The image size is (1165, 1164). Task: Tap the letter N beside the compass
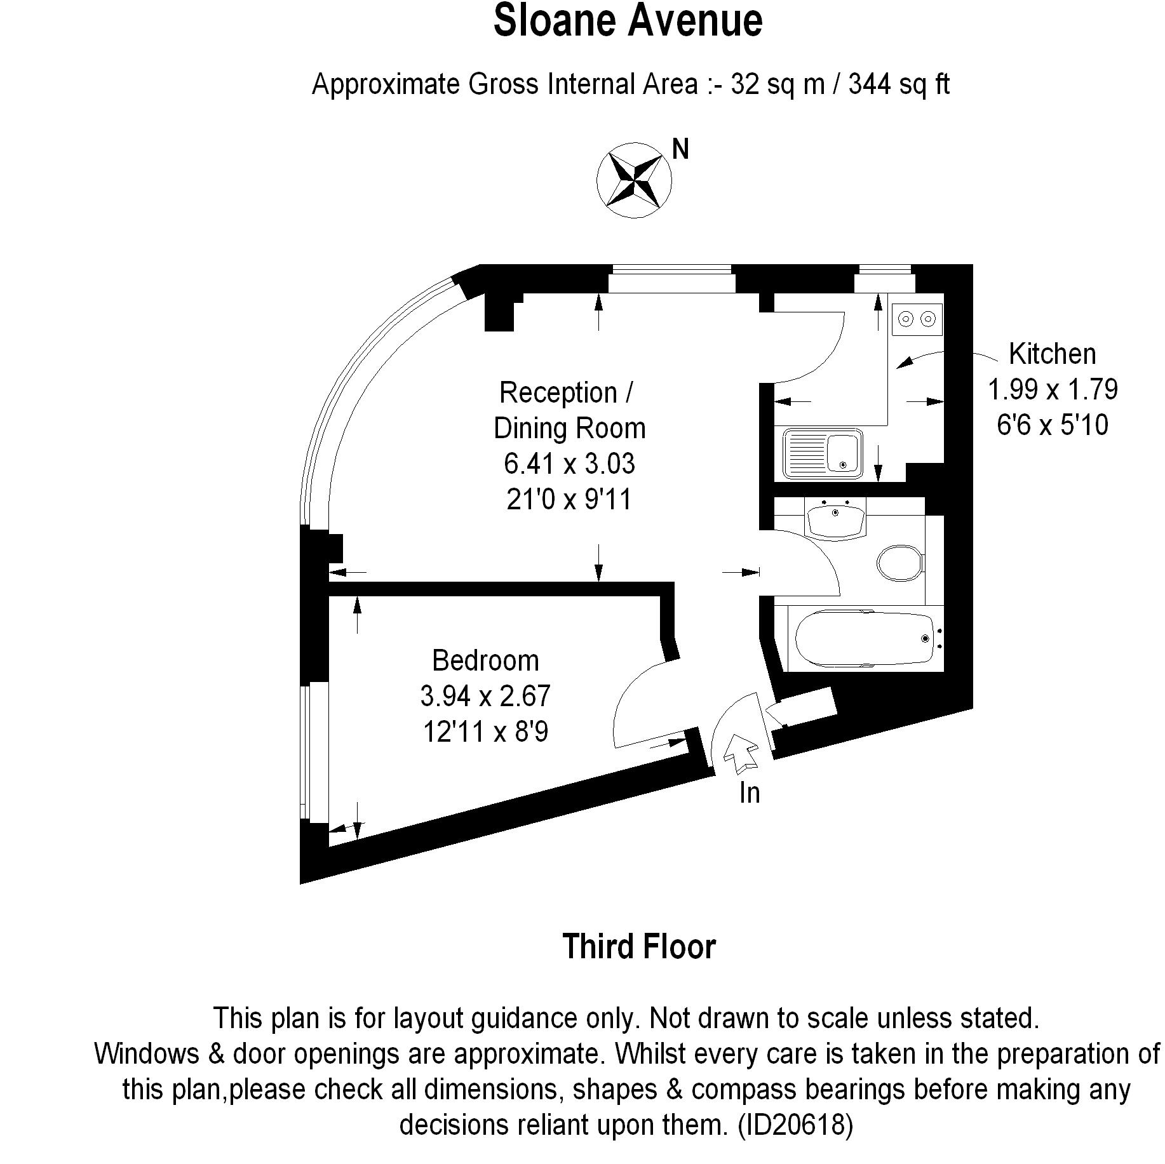(680, 149)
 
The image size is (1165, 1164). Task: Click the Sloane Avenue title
(628, 21)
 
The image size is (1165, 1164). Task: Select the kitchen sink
(823, 453)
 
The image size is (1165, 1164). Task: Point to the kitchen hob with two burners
(917, 318)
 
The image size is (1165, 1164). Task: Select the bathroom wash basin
(835, 518)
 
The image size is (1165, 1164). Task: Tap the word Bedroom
(485, 661)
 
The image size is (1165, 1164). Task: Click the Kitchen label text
(1053, 354)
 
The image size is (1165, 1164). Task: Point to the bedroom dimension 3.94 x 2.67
(485, 697)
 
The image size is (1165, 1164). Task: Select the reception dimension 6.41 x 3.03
(569, 464)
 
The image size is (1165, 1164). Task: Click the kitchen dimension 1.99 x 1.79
(1053, 389)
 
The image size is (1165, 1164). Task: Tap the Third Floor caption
(639, 947)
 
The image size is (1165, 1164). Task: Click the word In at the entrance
(750, 793)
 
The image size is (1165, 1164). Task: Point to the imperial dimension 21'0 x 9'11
(569, 500)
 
